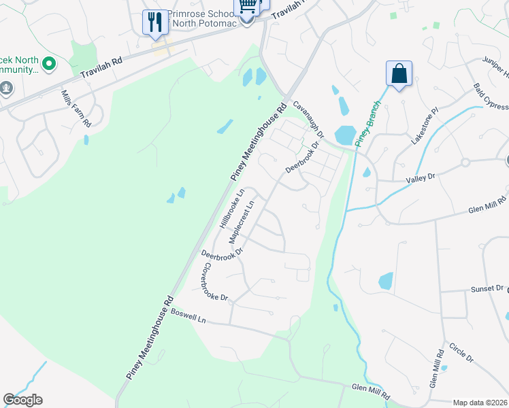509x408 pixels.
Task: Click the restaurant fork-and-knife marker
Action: point(154,22)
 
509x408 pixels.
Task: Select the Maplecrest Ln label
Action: point(242,222)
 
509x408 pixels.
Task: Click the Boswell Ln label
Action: point(187,316)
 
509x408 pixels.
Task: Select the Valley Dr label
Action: point(420,177)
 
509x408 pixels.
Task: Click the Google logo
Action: point(22,400)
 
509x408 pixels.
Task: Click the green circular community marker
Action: point(48,65)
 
